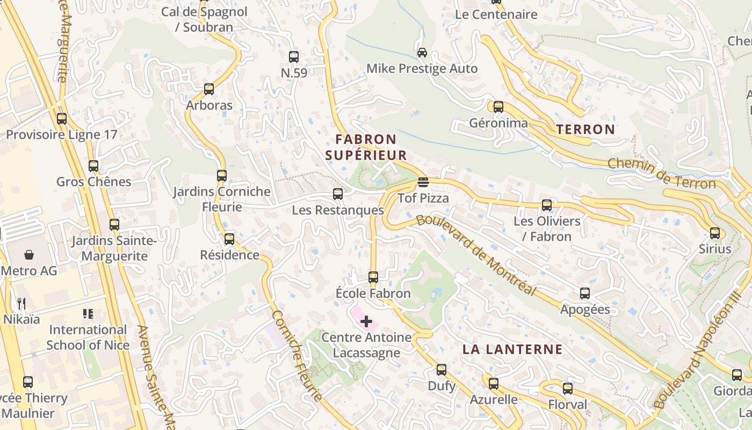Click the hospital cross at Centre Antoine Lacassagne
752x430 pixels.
(366, 321)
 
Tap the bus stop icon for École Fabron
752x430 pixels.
(373, 277)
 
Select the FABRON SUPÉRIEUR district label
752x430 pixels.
(366, 147)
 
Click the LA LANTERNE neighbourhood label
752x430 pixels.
(512, 349)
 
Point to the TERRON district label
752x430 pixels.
(585, 129)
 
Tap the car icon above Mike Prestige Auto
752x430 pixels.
(422, 53)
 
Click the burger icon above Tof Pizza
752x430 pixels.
(423, 182)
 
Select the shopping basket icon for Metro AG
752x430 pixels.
(28, 254)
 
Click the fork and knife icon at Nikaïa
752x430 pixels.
(21, 304)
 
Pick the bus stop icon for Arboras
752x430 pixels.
(209, 89)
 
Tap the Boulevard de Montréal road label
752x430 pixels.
(476, 255)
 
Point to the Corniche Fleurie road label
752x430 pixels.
(297, 355)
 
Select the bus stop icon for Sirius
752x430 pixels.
(715, 233)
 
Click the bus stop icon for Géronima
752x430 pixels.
(498, 107)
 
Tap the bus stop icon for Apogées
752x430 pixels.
(585, 293)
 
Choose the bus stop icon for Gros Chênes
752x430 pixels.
(93, 166)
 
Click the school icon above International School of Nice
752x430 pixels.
(88, 313)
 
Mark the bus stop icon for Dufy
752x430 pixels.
(442, 370)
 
